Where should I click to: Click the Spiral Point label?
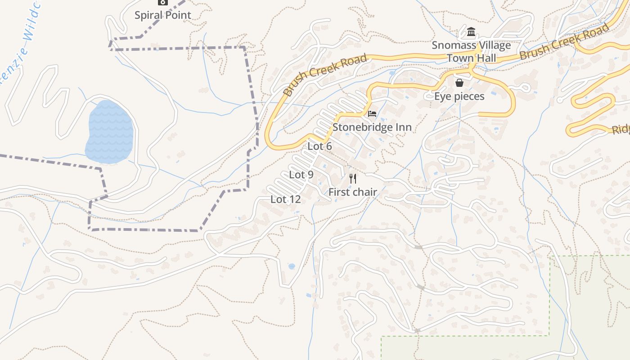click(163, 15)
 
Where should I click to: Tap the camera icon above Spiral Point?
click(163, 2)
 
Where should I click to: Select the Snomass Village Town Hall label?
click(471, 51)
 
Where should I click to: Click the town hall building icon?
click(471, 32)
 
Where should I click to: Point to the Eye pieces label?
click(459, 96)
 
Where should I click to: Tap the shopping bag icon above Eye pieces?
click(459, 83)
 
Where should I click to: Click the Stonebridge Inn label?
click(372, 127)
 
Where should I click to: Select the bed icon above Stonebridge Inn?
click(372, 113)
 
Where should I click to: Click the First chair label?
click(352, 192)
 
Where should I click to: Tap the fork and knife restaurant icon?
click(353, 179)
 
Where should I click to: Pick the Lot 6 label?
click(319, 146)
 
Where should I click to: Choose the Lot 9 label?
click(301, 175)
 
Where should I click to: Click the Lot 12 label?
click(285, 199)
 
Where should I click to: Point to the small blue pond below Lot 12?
click(292, 266)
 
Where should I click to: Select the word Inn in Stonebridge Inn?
click(403, 127)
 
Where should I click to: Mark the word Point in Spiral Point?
click(177, 15)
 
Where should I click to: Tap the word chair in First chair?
click(364, 192)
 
